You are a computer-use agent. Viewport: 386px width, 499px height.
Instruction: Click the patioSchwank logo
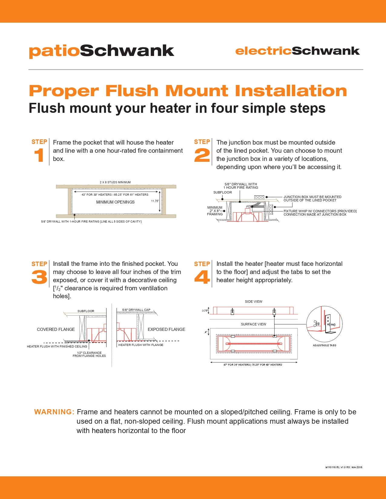click(x=101, y=51)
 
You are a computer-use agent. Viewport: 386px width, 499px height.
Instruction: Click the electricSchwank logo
click(x=297, y=51)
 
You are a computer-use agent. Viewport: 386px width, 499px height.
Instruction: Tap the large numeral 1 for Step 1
click(x=39, y=156)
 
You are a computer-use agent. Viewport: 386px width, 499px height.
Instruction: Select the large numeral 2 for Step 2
click(x=202, y=155)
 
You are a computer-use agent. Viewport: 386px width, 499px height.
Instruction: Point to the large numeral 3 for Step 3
click(x=39, y=277)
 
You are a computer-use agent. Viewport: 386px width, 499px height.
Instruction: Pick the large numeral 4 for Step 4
click(x=202, y=277)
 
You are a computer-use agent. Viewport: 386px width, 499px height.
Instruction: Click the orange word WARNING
click(x=54, y=412)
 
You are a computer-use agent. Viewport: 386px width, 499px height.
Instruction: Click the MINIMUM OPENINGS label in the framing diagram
click(x=115, y=202)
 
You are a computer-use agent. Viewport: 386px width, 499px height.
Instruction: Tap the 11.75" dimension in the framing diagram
click(x=155, y=201)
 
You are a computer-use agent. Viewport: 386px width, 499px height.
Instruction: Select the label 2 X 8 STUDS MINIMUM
click(x=115, y=182)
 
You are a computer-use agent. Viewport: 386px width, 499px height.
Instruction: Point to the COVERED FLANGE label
click(x=56, y=329)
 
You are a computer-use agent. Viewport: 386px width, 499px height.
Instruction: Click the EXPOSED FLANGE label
click(x=166, y=329)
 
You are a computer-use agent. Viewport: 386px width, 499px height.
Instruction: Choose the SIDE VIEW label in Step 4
click(x=253, y=302)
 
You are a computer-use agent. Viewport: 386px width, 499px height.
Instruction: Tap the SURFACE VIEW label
click(x=253, y=324)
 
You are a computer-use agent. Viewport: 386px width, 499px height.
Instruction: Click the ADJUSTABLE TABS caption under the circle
click(x=324, y=345)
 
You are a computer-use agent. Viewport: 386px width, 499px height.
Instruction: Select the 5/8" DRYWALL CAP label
click(x=136, y=310)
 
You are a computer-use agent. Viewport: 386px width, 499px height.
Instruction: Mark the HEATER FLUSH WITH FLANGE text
click(x=141, y=345)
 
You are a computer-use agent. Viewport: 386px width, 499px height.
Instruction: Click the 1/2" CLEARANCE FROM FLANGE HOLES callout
click(x=89, y=354)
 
